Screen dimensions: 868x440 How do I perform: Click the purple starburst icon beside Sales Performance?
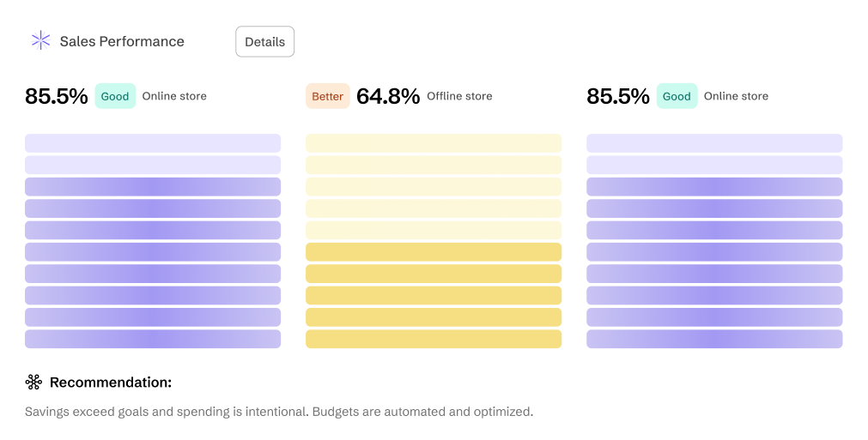click(x=40, y=40)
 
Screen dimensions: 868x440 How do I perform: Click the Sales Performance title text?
click(x=122, y=41)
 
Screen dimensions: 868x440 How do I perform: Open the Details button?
click(x=264, y=41)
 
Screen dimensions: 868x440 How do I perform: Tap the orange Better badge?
click(x=328, y=96)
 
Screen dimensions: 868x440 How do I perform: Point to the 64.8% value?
click(x=388, y=96)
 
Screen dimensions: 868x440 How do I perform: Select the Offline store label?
click(x=459, y=96)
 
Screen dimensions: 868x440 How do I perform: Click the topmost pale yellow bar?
click(x=434, y=143)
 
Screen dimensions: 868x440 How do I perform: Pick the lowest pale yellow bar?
click(x=434, y=230)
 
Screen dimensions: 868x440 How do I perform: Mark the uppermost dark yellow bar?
click(x=434, y=252)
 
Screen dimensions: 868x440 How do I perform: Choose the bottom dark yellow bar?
click(x=434, y=339)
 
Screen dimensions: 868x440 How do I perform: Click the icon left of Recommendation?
click(x=33, y=382)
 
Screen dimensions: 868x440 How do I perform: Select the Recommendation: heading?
click(x=111, y=383)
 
